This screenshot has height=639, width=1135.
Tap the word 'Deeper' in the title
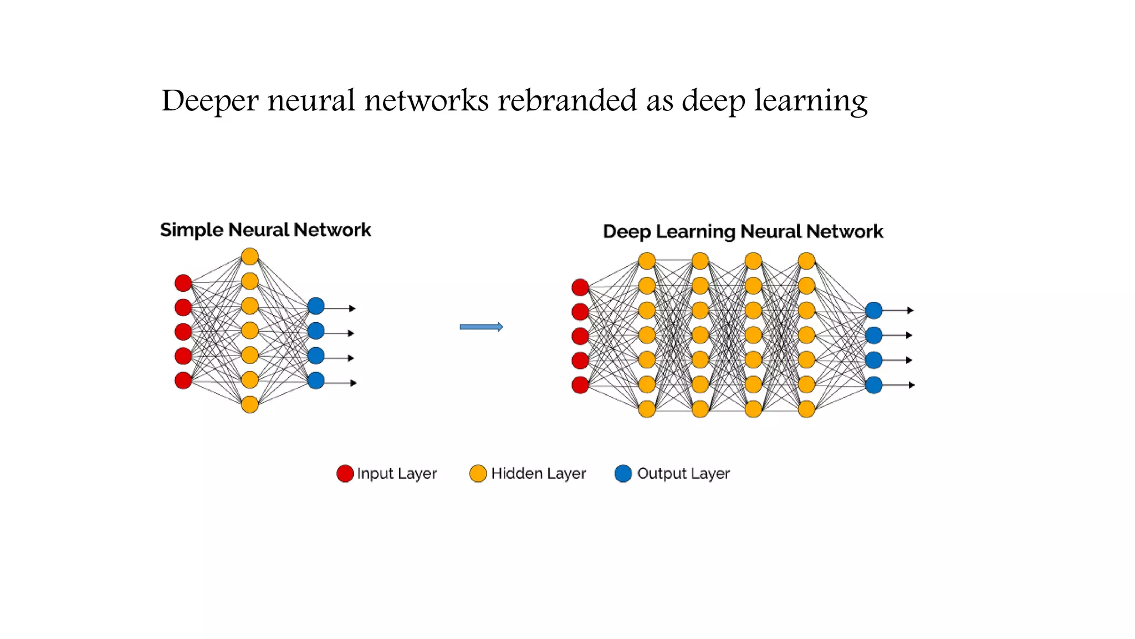click(210, 101)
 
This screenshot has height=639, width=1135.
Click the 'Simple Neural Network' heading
click(265, 230)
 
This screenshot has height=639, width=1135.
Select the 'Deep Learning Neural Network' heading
click(743, 231)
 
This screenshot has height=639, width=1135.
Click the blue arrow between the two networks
click(481, 327)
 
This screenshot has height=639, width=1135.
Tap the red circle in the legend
click(345, 474)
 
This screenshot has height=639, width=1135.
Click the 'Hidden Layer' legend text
click(538, 474)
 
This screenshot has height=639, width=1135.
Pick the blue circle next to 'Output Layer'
click(623, 474)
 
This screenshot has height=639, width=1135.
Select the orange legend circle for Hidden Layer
click(478, 474)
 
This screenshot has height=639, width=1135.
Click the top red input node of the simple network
click(183, 283)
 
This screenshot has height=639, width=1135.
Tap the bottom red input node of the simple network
click(183, 381)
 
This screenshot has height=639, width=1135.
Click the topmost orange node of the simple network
click(250, 256)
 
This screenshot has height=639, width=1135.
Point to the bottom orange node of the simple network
click(250, 404)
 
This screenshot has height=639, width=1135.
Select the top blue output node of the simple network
click(316, 306)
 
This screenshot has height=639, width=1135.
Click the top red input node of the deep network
click(580, 287)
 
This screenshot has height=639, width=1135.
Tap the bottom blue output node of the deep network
click(873, 385)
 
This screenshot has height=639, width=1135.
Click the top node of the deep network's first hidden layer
click(647, 261)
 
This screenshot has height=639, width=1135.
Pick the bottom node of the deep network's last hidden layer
click(806, 409)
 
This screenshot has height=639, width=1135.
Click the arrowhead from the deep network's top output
click(910, 311)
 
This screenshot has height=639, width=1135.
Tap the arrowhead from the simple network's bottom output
click(353, 383)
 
